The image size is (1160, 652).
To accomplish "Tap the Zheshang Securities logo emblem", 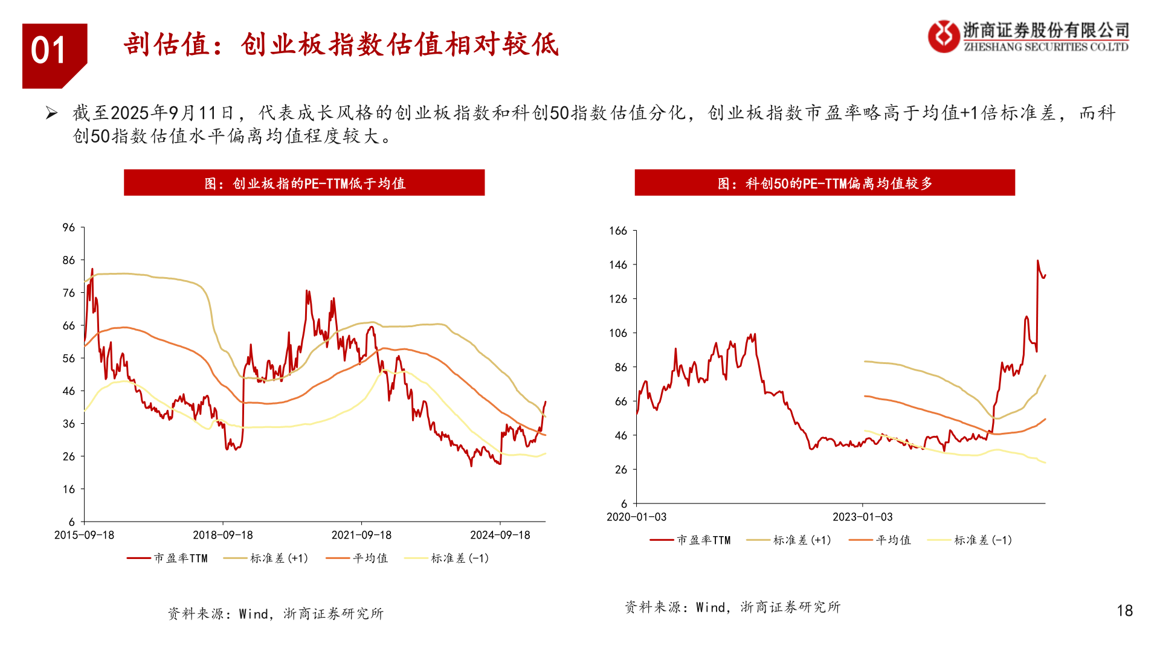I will (943, 37).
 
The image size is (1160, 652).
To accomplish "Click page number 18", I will (1124, 611).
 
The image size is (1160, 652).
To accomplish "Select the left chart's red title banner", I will (304, 183).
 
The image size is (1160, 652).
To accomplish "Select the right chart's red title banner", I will (824, 183).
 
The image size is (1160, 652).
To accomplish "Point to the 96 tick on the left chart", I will (69, 228).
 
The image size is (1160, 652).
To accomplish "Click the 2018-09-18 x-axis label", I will (222, 535).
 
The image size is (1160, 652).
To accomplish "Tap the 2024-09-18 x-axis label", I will (500, 535).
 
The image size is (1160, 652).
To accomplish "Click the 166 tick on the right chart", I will (618, 231).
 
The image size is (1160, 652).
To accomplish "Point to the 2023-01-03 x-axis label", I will (862, 517).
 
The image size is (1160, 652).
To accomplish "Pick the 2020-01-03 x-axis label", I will (636, 517).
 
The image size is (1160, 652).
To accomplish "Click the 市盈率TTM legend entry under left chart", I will (167, 558).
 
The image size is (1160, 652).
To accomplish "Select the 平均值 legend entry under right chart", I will (880, 540).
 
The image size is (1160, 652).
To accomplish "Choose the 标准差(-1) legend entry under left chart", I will (447, 558).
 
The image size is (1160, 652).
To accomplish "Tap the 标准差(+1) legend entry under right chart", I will (789, 540).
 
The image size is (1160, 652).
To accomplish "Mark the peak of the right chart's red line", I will (1038, 261).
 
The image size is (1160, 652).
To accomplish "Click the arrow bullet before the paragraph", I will (51, 113).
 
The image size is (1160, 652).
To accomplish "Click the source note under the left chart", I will (275, 614).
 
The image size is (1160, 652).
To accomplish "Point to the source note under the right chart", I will (732, 607).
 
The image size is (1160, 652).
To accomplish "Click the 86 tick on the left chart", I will (69, 260).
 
